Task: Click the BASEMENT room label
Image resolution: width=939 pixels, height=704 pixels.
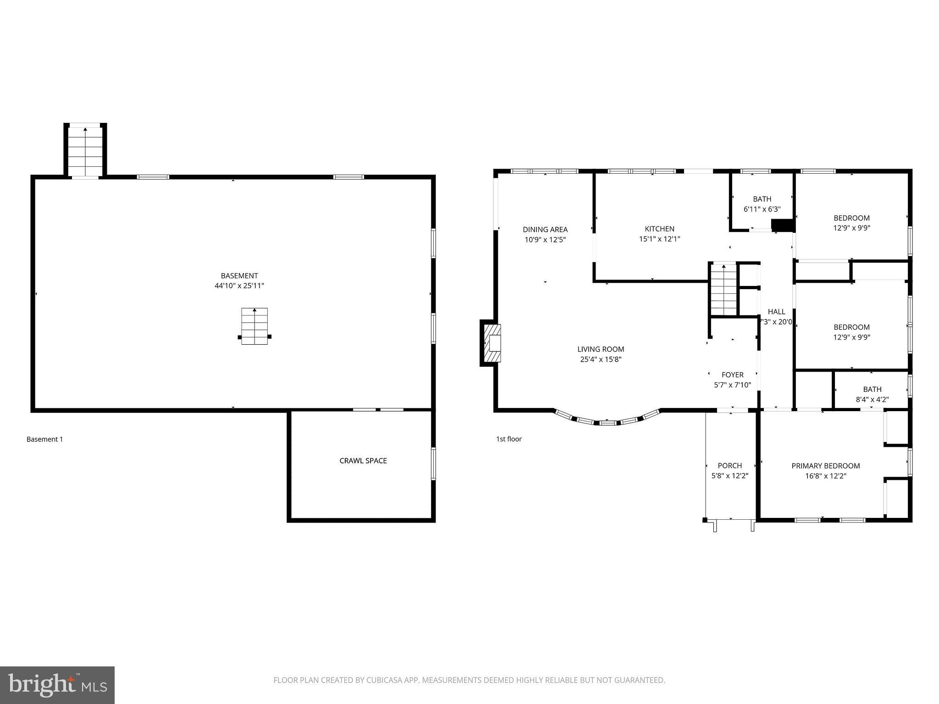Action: pyautogui.click(x=239, y=275)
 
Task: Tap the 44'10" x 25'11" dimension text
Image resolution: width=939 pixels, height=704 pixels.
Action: pyautogui.click(x=239, y=286)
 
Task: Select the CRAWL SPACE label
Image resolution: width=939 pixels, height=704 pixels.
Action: pyautogui.click(x=363, y=461)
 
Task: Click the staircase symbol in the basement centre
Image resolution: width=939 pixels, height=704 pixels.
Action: pyautogui.click(x=254, y=326)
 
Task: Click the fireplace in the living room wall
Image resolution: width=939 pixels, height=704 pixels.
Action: pyautogui.click(x=492, y=343)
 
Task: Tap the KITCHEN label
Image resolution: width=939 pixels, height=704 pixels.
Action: pyautogui.click(x=659, y=229)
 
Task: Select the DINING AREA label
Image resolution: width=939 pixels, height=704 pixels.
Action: pyautogui.click(x=545, y=229)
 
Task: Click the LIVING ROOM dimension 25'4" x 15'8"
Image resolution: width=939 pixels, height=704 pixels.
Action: pyautogui.click(x=601, y=359)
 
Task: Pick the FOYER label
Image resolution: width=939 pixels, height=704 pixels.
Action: pyautogui.click(x=732, y=374)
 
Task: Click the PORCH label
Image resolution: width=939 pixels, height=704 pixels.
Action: pyautogui.click(x=729, y=465)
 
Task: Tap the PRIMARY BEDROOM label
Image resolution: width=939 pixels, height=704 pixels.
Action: pyautogui.click(x=825, y=466)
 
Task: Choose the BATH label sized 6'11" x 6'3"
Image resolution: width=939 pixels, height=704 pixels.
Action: pyautogui.click(x=762, y=199)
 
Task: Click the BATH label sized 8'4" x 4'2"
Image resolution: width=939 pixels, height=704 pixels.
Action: pyautogui.click(x=872, y=389)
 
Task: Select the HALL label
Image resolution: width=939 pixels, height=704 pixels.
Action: pyautogui.click(x=776, y=312)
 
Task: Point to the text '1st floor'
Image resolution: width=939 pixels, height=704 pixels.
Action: pyautogui.click(x=508, y=439)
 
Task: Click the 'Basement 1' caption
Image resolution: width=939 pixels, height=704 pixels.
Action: pyautogui.click(x=44, y=439)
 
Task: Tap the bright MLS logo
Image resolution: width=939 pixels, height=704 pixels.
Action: pyautogui.click(x=57, y=685)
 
